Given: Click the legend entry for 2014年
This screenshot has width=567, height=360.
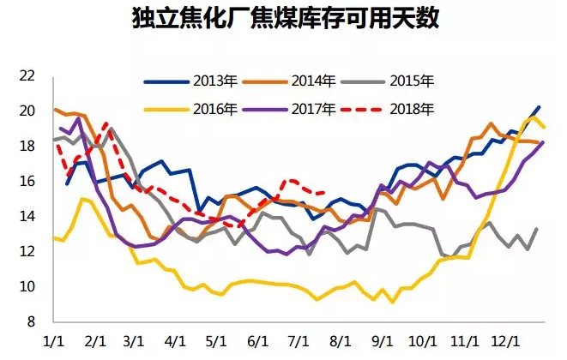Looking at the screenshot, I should pos(291,81).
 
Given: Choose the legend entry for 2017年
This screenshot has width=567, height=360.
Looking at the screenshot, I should pos(291,109).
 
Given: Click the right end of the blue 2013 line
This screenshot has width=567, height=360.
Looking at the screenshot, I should pos(539,107).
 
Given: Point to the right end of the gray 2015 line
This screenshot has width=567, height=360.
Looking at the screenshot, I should pos(537,229).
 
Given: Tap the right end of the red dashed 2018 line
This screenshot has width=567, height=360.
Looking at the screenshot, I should pos(324,193).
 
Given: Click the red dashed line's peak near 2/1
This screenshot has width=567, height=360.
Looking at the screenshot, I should pos(105,123).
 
